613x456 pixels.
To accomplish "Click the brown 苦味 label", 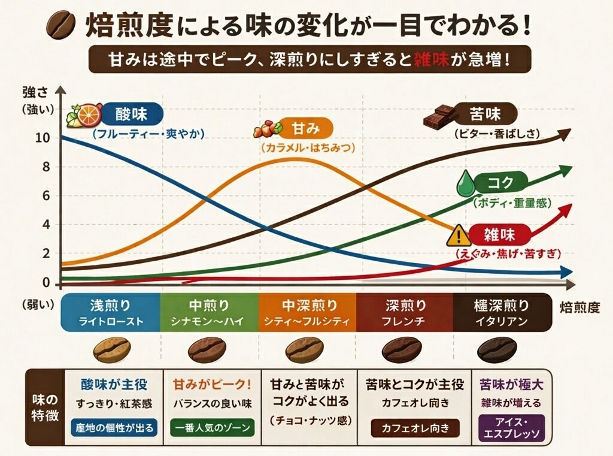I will click(x=485, y=113).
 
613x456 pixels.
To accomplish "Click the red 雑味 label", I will click(x=500, y=234).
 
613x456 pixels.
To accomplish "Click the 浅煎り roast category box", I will click(x=111, y=312).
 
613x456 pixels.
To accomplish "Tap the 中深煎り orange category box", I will click(x=308, y=312).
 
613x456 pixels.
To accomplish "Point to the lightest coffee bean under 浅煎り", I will click(x=111, y=349).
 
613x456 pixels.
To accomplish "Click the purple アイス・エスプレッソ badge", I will click(x=511, y=427).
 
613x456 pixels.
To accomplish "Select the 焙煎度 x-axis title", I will click(x=579, y=308).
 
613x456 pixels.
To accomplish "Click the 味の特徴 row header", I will click(x=45, y=407).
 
